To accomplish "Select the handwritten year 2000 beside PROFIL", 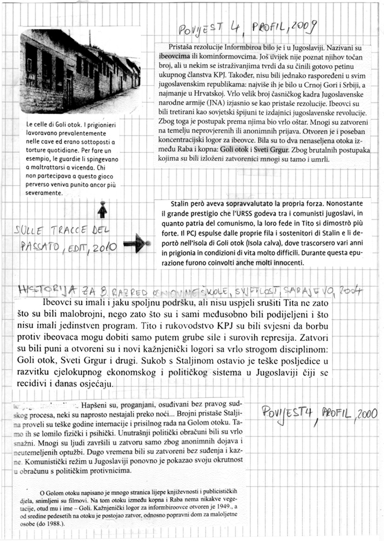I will click(366, 413).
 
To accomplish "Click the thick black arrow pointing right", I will click(137, 243).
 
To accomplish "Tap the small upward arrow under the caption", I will click(102, 210).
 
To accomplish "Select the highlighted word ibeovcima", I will click(176, 57).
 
